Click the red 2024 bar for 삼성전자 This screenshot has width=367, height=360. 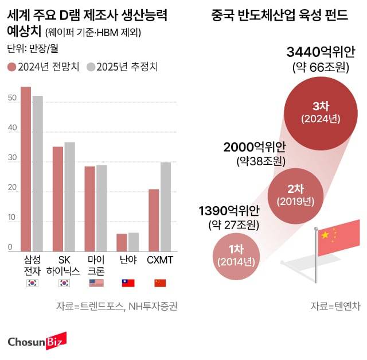(x=26, y=169)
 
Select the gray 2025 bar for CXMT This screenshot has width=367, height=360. (x=166, y=207)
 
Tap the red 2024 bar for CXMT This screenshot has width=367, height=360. (x=154, y=220)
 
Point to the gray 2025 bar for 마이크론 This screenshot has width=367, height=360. (x=101, y=208)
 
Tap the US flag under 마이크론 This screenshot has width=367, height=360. (x=95, y=282)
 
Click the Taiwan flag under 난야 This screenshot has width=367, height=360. (x=127, y=282)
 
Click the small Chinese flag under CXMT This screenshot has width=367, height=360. (x=159, y=282)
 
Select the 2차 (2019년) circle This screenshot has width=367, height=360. (x=295, y=195)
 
